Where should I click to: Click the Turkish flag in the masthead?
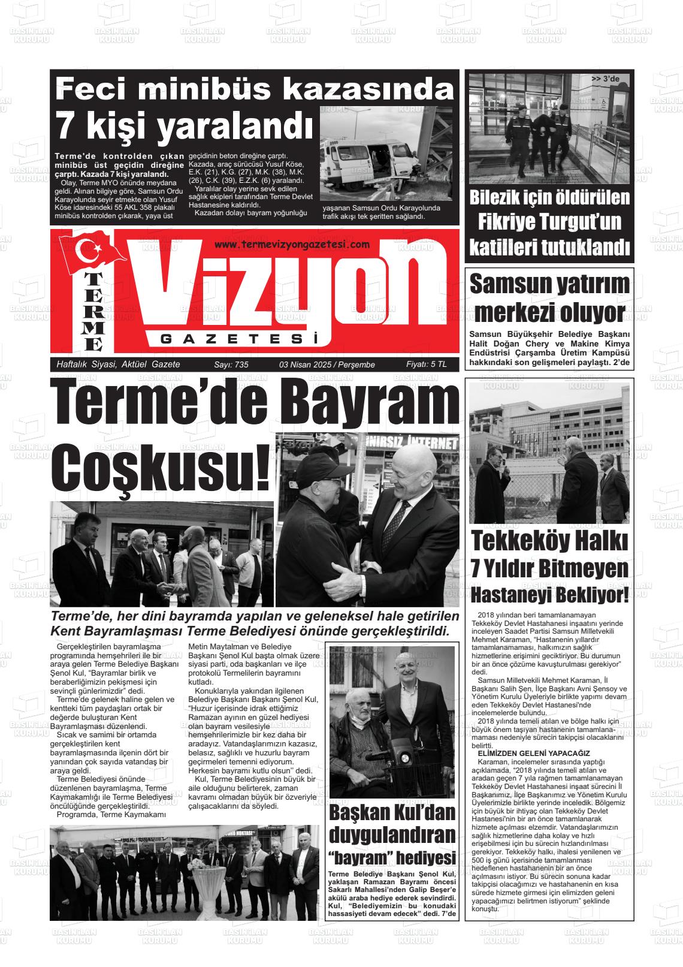[x=96, y=252]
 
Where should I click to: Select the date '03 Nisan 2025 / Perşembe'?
[x=327, y=364]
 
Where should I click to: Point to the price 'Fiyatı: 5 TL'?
[x=426, y=364]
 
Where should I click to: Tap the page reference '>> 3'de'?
[x=605, y=79]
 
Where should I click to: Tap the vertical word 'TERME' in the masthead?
[x=93, y=312]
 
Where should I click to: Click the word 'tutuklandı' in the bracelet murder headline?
[x=579, y=246]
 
